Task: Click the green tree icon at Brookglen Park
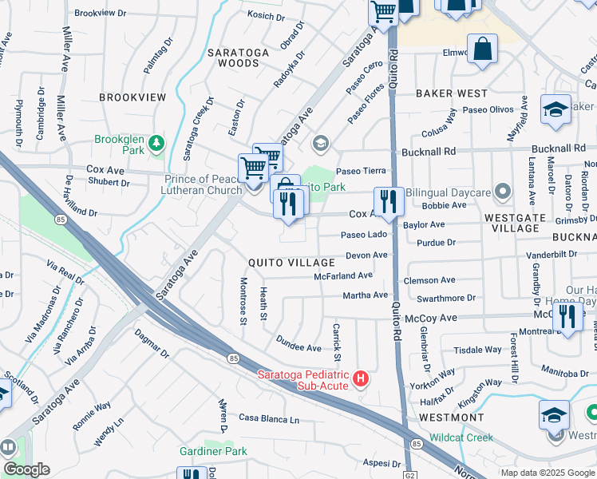tap(158, 144)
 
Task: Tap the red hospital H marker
tap(361, 378)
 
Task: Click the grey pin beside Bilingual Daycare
tap(503, 192)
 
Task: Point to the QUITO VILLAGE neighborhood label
tap(291, 263)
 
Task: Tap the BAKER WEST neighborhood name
tap(451, 93)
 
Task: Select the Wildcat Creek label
tap(461, 437)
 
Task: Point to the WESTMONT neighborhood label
tap(451, 418)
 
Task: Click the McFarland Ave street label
tap(343, 275)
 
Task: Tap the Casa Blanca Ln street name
tap(269, 419)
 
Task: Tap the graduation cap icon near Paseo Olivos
tap(555, 110)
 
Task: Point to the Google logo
tap(27, 469)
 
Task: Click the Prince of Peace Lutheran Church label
tap(204, 184)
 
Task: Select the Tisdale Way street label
tap(477, 350)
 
